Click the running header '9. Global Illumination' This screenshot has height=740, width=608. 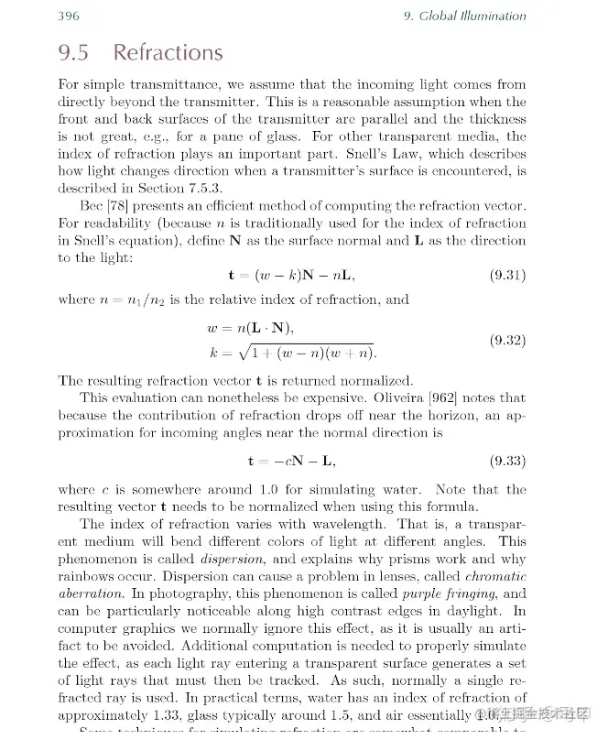[x=464, y=16]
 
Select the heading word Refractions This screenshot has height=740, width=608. [x=168, y=52]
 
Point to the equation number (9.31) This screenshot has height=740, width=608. [x=507, y=274]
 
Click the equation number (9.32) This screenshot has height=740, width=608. [x=507, y=340]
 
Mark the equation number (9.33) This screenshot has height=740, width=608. [x=507, y=460]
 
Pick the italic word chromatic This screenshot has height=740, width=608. [x=495, y=576]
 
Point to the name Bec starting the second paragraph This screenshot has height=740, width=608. [x=92, y=206]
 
